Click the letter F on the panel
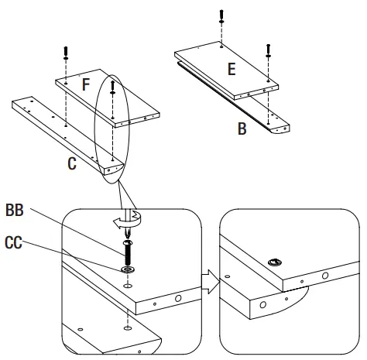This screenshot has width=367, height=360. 87,84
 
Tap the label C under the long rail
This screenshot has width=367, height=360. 71,164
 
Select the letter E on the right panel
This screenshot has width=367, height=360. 230,69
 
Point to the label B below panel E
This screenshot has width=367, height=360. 242,129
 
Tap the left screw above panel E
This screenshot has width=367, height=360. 223,15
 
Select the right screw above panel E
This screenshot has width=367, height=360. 269,50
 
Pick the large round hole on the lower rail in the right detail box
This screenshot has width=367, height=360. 263,304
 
